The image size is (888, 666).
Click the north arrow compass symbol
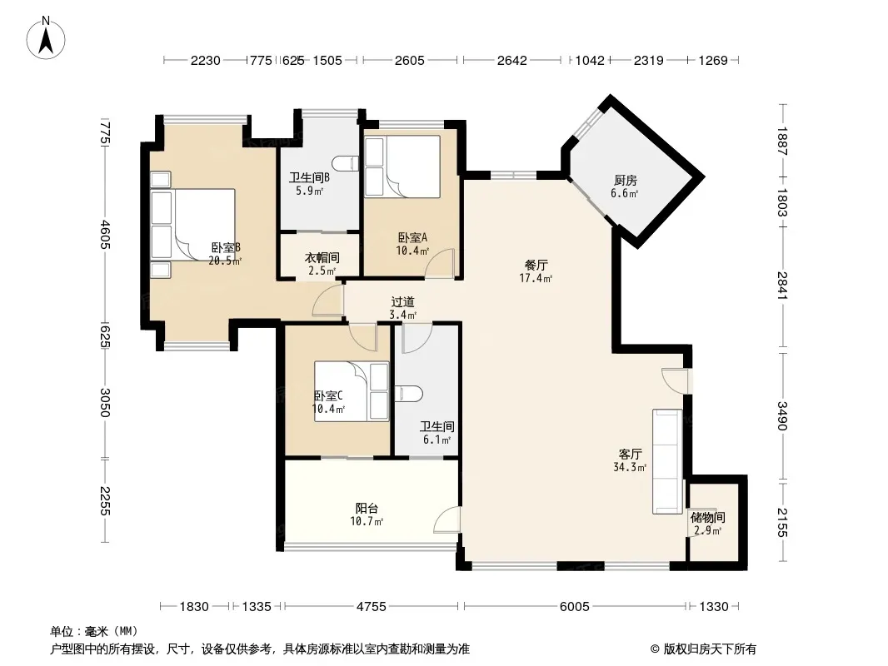coord(46,38)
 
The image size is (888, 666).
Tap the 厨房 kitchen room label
coord(626,181)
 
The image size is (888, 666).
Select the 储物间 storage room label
coord(707,517)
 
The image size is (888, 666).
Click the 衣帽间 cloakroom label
coord(322,257)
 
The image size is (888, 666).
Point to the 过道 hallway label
coord(402,302)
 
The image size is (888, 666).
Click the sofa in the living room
coord(667,462)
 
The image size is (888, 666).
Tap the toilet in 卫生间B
coord(346,163)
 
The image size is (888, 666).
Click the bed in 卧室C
coord(352,391)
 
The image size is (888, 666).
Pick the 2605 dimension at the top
coord(410,61)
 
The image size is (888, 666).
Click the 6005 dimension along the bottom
coord(574,607)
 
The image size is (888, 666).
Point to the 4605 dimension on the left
coord(105,234)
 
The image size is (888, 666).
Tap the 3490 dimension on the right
coord(782,415)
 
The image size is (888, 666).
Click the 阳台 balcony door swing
coord(446,519)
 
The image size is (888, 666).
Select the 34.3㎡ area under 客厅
coord(630,467)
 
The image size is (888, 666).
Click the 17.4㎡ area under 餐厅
coord(536,278)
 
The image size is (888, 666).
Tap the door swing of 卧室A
coord(441,263)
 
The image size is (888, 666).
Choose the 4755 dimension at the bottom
coord(371,607)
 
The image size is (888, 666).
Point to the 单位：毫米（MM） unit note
coord(94,631)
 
